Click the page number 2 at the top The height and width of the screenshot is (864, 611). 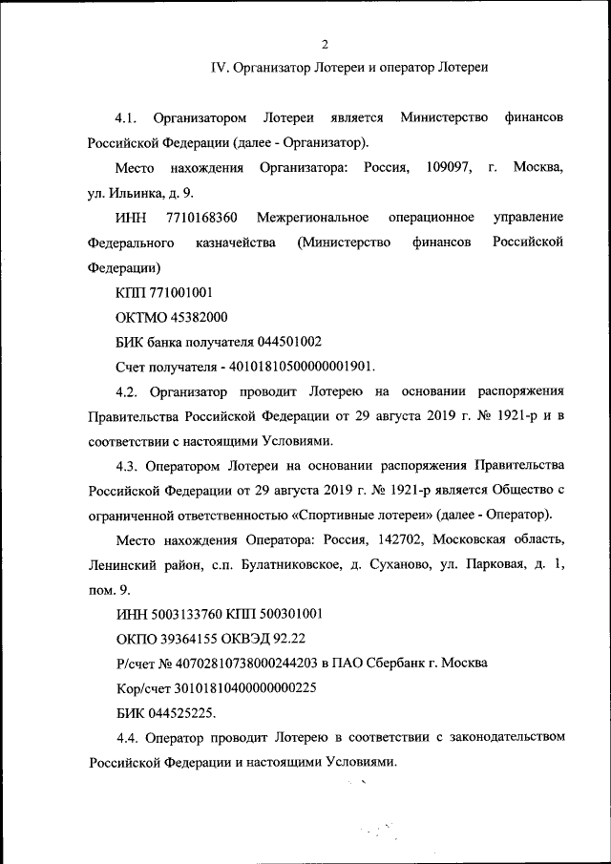pyautogui.click(x=325, y=44)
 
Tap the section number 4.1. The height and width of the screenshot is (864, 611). pyautogui.click(x=127, y=117)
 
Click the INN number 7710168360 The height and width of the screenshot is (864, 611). pyautogui.click(x=201, y=218)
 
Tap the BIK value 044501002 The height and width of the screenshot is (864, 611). pyautogui.click(x=289, y=342)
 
